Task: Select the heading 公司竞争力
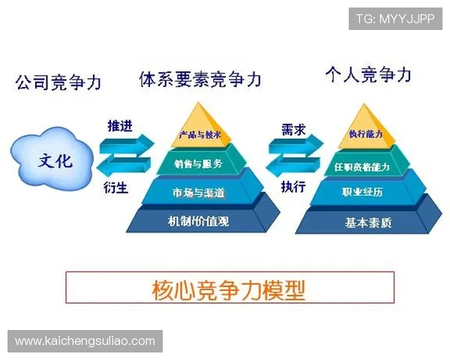coord(58,82)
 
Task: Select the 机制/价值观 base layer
coord(199,221)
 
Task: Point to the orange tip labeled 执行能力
coord(366,134)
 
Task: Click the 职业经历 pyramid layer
coord(367,193)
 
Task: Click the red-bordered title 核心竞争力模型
coord(229,288)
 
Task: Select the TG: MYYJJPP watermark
coord(395,17)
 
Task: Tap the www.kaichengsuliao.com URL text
coord(85,341)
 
